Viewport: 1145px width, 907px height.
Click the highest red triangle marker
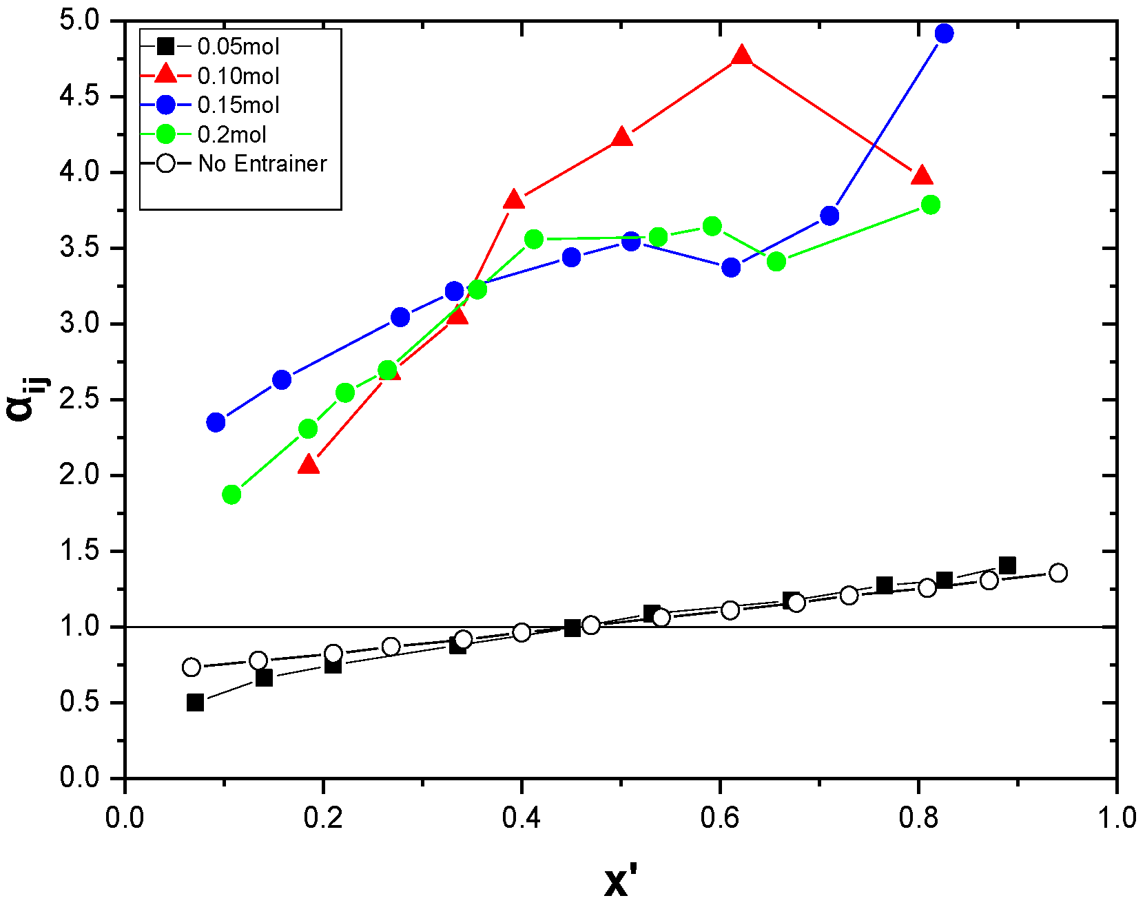(x=741, y=56)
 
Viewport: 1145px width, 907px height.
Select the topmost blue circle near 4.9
(x=945, y=33)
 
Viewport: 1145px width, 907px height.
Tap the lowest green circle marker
(x=231, y=494)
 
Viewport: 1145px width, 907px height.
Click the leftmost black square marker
(x=195, y=702)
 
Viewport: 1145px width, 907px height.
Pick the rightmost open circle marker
(x=1058, y=573)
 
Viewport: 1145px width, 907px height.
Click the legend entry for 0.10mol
(x=238, y=76)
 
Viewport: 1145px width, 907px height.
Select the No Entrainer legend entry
(x=262, y=164)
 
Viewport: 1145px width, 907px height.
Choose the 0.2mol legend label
(x=231, y=134)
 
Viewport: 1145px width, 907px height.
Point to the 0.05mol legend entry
(x=238, y=47)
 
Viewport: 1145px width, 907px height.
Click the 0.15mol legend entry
(x=238, y=105)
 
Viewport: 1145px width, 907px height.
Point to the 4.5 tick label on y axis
(x=79, y=96)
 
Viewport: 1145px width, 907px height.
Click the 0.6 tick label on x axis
(x=719, y=817)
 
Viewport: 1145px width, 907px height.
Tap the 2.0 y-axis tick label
(x=79, y=475)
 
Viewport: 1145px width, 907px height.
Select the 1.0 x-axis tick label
(x=1116, y=817)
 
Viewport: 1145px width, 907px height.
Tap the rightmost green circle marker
(x=930, y=205)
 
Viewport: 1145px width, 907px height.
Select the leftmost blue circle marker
(x=216, y=422)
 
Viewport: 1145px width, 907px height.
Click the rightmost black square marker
(x=1007, y=565)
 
